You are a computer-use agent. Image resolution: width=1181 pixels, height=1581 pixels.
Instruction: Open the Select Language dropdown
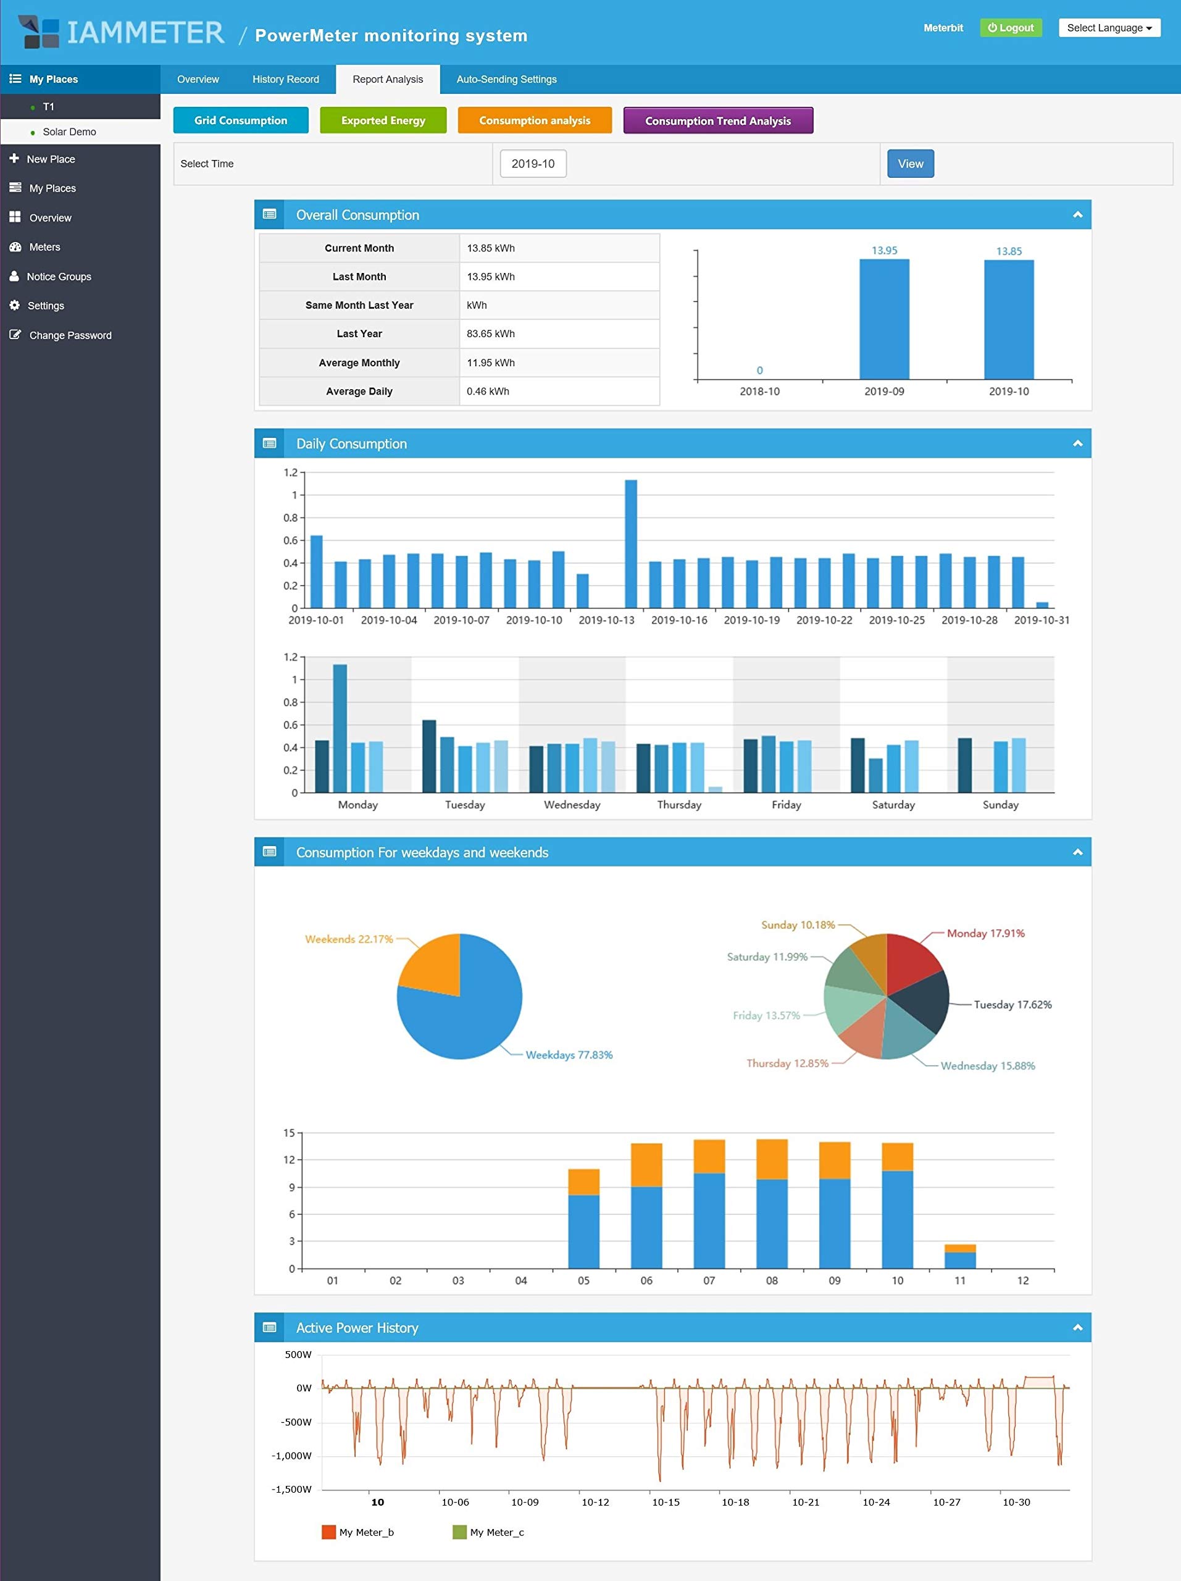click(1109, 28)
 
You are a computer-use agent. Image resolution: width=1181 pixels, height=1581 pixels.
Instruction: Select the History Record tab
click(286, 79)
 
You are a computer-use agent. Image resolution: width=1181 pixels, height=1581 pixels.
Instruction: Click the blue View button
click(910, 164)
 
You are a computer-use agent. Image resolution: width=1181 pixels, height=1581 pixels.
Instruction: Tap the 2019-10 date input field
click(533, 164)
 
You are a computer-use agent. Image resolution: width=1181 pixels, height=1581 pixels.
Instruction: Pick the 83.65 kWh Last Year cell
click(559, 333)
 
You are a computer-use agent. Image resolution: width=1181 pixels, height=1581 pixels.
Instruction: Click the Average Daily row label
click(359, 391)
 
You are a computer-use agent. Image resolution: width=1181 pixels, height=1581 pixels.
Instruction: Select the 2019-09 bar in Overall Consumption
click(885, 319)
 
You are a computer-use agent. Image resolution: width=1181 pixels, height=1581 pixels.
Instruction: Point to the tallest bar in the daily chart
click(631, 544)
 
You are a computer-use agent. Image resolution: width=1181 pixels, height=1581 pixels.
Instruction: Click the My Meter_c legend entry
click(489, 1532)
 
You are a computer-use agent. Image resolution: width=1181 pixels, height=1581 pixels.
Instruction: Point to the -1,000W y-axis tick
click(291, 1456)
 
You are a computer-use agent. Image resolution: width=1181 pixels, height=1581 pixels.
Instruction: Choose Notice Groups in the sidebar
click(59, 277)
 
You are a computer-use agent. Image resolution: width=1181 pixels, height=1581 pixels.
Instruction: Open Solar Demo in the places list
click(69, 132)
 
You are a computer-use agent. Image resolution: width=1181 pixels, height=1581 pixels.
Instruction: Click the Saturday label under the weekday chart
click(893, 805)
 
